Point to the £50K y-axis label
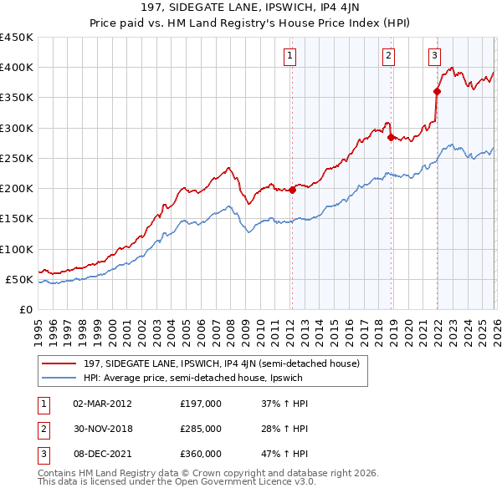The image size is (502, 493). point(19,279)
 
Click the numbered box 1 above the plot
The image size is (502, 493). point(289,56)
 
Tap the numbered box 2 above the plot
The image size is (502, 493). point(389,56)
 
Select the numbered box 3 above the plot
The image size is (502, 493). point(435,56)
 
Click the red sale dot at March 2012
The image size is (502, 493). point(292,191)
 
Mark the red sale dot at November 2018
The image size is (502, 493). point(391,137)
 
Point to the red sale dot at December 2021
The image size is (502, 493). point(437,92)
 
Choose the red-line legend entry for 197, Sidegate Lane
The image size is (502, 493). point(222,363)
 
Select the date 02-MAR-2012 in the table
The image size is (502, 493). point(103,404)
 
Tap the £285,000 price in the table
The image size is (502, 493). point(201,429)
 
